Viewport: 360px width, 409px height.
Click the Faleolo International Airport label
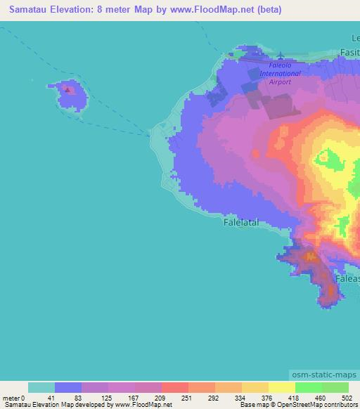[x=280, y=73]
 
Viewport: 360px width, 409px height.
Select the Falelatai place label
[x=241, y=221]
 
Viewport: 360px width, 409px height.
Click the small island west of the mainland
[x=71, y=94]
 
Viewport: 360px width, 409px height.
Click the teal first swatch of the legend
[x=41, y=387]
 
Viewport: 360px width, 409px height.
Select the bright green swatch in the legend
[x=309, y=387]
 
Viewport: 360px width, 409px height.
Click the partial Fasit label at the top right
[x=349, y=52]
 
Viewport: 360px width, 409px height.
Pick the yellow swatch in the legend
[x=282, y=387]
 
